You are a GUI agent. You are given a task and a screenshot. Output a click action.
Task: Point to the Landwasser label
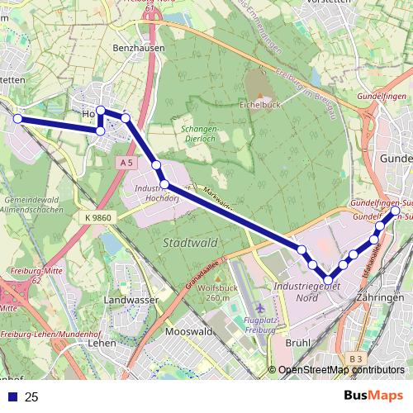[x=126, y=300]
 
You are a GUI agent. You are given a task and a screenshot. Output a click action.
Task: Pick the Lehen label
[x=102, y=342]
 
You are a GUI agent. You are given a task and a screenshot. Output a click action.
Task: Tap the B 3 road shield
[x=355, y=358]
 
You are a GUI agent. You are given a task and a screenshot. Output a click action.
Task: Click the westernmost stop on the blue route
[x=17, y=119]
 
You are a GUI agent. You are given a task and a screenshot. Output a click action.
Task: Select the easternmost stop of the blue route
[x=395, y=211]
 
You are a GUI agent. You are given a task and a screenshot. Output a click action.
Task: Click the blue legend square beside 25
[x=11, y=397]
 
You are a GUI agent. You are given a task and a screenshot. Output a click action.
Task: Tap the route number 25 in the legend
[x=32, y=397]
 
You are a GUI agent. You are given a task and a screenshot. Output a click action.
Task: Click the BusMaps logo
[x=373, y=396]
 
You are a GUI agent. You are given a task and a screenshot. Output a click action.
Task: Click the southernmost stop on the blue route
[x=329, y=281]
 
